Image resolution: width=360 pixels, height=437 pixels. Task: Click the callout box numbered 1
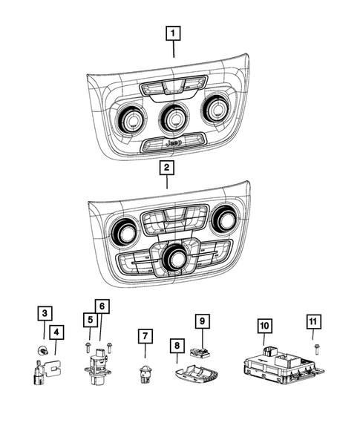coord(173,33)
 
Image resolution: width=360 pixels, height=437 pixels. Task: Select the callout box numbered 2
coord(168,169)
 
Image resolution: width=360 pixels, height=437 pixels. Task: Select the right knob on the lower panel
coord(223,220)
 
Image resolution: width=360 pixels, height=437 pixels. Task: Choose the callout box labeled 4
coord(57,332)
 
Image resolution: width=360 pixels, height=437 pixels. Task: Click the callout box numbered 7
coord(143,338)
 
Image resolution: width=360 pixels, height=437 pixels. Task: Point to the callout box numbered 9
coord(200,321)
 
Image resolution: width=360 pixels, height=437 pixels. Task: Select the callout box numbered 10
coord(264,325)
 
